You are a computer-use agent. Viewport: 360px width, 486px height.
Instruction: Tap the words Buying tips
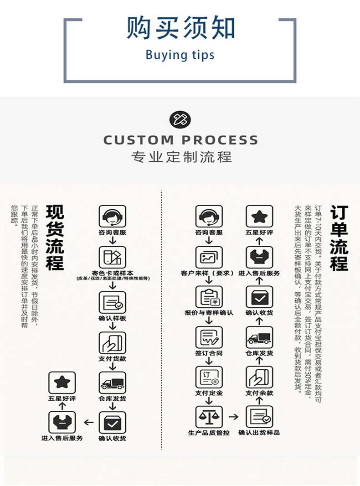coord(180,55)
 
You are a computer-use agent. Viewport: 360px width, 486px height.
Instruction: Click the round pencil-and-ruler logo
coord(180,119)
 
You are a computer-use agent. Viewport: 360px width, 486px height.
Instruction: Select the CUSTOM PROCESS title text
coord(180,140)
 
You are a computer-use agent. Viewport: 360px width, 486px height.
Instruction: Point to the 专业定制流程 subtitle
coord(181,157)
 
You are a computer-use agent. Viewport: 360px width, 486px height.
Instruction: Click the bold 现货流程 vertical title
coord(56,238)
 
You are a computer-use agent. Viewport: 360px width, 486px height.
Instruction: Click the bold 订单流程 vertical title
coord(339,238)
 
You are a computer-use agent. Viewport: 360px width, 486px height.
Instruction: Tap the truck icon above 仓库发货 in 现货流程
coord(113,383)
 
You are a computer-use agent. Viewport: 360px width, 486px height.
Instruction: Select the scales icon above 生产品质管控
coord(209,417)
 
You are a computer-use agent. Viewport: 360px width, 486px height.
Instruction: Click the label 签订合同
coord(209,353)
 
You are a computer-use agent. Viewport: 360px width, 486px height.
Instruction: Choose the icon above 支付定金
coord(209,377)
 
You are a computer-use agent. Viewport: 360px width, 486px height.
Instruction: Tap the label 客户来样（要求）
coord(209,273)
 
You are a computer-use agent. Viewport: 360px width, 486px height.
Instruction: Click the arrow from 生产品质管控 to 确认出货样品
coord(233,417)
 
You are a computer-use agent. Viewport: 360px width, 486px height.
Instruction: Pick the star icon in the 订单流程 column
coord(259,217)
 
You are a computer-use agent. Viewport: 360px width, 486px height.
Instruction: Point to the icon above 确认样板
coord(113,302)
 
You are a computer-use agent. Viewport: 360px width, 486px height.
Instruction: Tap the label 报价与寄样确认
coord(209,313)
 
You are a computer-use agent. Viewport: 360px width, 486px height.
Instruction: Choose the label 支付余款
coord(259,393)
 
